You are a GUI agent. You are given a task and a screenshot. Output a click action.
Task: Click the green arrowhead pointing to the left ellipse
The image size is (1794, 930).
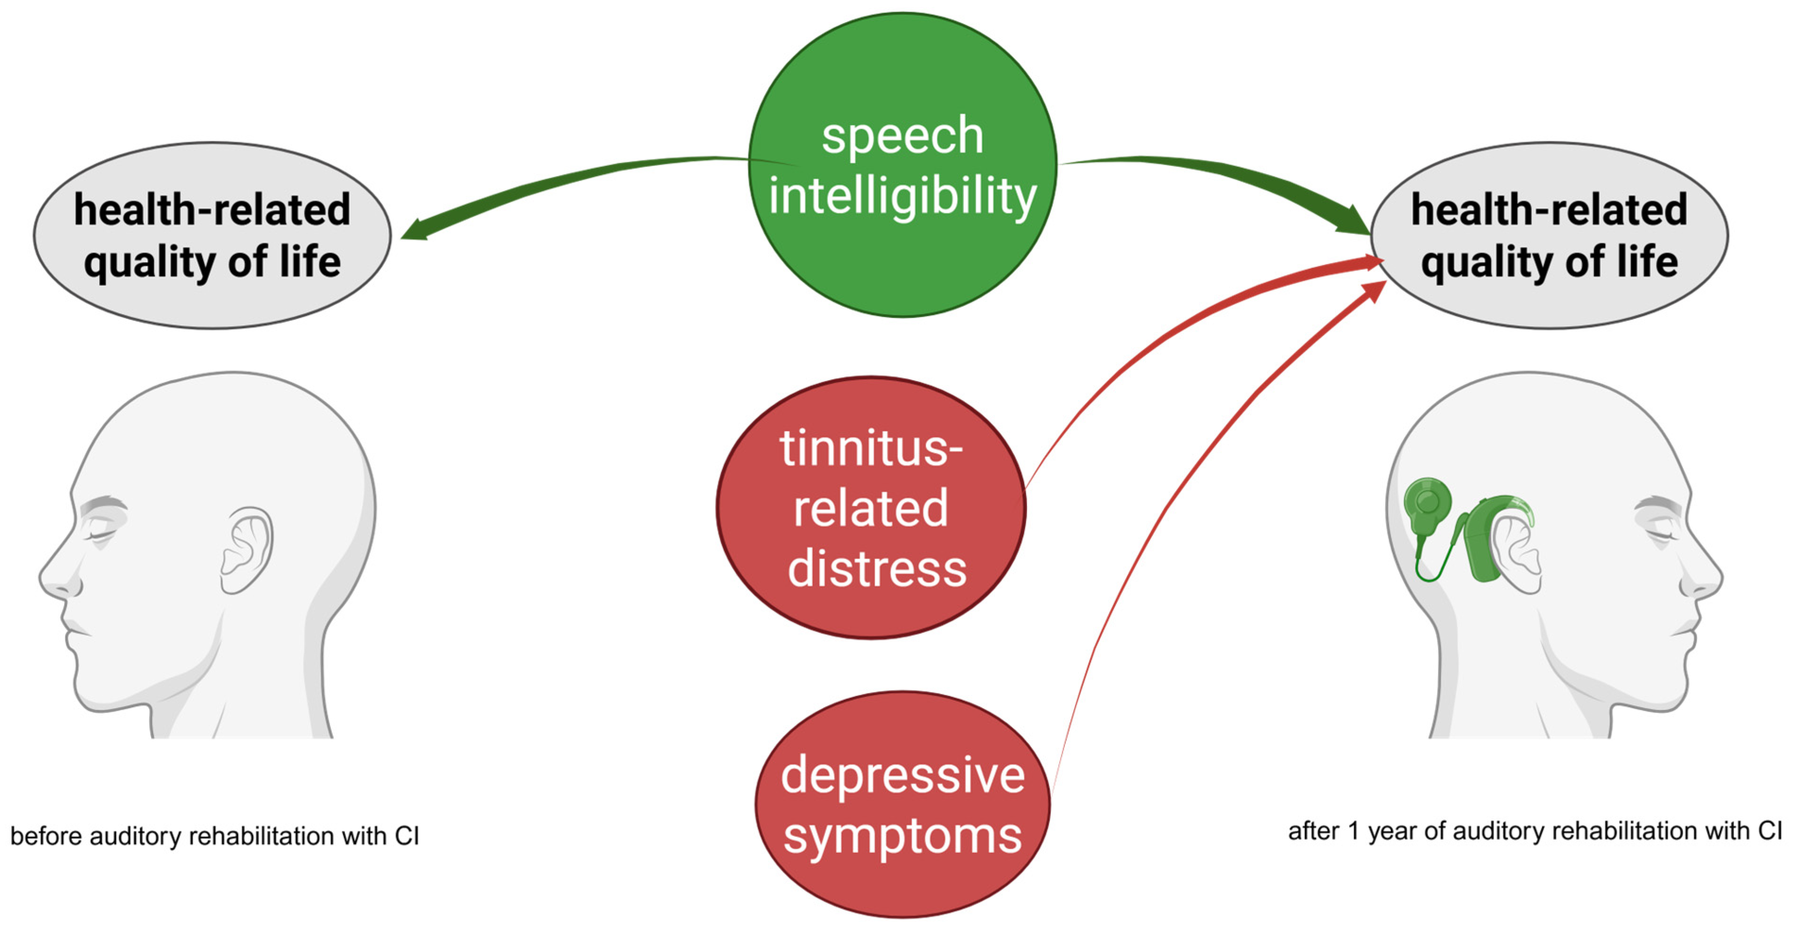(417, 230)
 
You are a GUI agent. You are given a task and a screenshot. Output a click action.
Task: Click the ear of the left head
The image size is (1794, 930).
(247, 550)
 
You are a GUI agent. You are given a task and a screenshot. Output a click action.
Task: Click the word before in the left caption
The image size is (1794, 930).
(46, 835)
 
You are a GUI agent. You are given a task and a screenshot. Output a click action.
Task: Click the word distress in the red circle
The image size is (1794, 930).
(877, 569)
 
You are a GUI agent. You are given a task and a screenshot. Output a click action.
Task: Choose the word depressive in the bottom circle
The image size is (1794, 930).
(902, 775)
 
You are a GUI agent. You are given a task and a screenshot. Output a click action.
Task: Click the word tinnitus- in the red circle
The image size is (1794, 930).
(870, 449)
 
